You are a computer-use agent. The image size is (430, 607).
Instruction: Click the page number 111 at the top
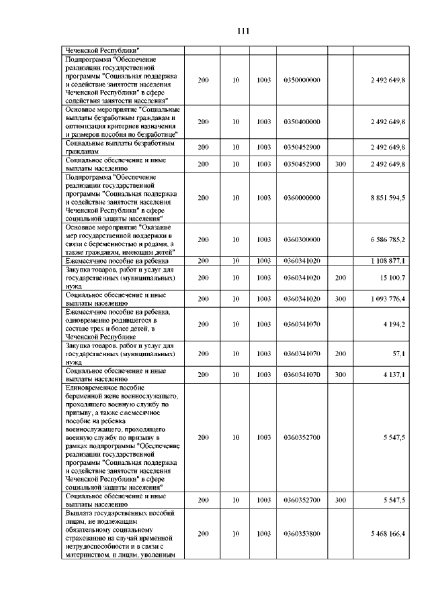(243, 32)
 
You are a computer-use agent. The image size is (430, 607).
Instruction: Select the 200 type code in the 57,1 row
(341, 353)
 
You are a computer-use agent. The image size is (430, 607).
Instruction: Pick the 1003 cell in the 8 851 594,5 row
(263, 198)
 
